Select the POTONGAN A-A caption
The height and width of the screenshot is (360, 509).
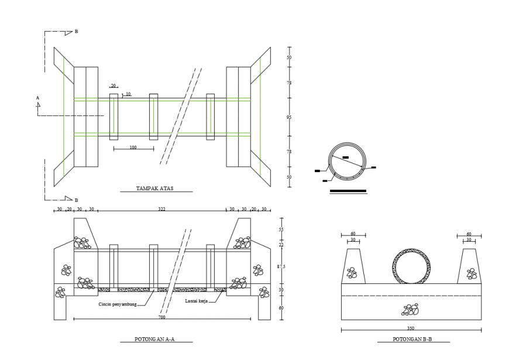[156, 339]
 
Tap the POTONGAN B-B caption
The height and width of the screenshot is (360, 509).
[412, 339]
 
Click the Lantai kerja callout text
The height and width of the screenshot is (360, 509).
[197, 301]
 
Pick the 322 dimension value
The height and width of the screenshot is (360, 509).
[161, 209]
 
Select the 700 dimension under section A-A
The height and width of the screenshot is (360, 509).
[161, 317]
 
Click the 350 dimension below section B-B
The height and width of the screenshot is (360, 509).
[411, 328]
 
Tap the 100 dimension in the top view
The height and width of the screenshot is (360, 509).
[133, 148]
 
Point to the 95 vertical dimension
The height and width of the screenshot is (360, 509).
[288, 118]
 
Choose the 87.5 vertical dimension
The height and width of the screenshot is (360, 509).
[281, 266]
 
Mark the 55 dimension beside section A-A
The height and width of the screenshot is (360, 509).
[281, 230]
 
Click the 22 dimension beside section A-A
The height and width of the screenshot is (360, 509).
[281, 245]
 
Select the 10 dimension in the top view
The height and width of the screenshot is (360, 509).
[128, 94]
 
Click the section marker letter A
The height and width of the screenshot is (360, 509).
[37, 98]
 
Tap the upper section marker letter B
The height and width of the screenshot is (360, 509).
[76, 32]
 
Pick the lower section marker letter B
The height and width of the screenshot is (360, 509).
[76, 200]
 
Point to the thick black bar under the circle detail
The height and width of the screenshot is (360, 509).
[348, 191]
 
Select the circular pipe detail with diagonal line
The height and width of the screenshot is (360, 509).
[348, 159]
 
